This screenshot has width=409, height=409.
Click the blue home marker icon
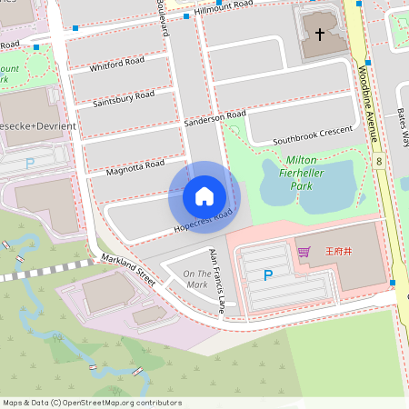coord(204,195)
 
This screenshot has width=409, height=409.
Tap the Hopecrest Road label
coord(202,218)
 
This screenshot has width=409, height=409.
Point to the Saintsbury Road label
coord(124,98)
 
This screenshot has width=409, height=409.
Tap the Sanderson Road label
coord(214,117)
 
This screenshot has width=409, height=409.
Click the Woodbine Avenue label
coord(368,105)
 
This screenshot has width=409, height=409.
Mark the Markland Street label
coord(128,270)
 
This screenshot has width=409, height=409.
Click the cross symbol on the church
coord(320,35)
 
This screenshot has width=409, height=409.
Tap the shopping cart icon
coord(304,252)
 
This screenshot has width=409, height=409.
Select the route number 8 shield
coord(377,161)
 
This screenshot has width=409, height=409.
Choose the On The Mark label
coord(196,279)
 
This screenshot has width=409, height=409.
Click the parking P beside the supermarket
coord(267,274)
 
